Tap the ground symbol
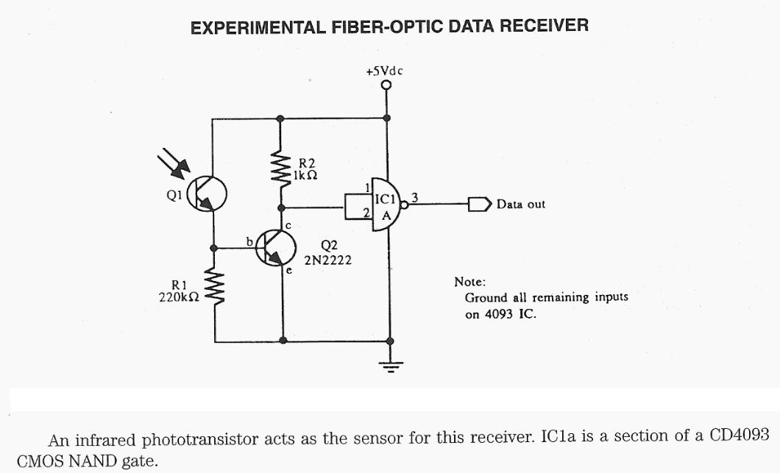(390, 365)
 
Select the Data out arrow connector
(479, 204)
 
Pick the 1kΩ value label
(305, 176)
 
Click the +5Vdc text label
(385, 71)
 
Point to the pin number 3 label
(415, 196)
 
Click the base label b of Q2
(249, 241)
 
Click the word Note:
(469, 282)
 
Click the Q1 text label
(174, 196)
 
